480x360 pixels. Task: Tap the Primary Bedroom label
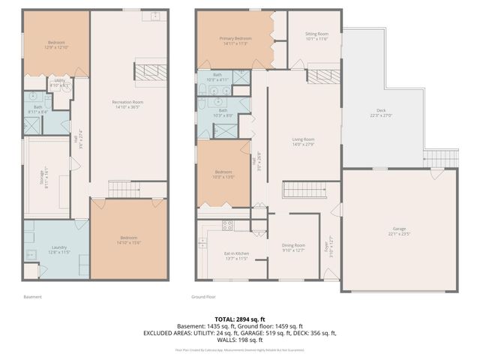pyautogui.click(x=233, y=40)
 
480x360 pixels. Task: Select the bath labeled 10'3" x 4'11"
pyautogui.click(x=217, y=77)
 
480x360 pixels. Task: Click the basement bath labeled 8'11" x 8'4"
pyautogui.click(x=37, y=109)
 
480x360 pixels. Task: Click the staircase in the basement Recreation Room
pyautogui.click(x=120, y=188)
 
